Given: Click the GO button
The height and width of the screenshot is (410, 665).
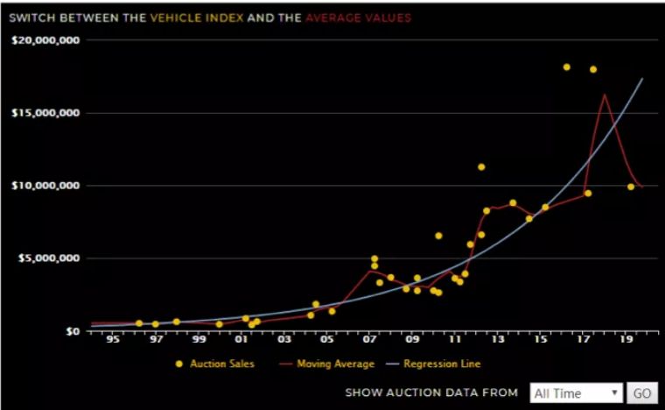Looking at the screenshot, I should click(x=642, y=393).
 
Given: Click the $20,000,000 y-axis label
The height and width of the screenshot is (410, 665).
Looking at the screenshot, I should click(x=45, y=40).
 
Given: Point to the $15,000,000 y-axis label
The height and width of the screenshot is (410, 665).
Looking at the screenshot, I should click(x=45, y=113).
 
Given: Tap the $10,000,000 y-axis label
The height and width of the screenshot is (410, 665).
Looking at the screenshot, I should click(x=45, y=186).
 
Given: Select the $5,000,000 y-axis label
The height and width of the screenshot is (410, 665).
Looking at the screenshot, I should click(x=49, y=258).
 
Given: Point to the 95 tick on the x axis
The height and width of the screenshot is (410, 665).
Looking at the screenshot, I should click(x=113, y=342).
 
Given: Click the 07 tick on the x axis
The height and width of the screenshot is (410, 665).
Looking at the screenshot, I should click(x=370, y=342).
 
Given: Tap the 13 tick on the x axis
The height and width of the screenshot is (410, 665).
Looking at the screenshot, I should click(x=498, y=342).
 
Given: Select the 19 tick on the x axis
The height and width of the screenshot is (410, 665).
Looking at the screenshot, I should click(x=626, y=342).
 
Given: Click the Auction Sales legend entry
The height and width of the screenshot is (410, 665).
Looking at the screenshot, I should click(x=214, y=364).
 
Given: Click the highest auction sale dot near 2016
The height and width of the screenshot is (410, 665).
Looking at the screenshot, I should click(x=567, y=67).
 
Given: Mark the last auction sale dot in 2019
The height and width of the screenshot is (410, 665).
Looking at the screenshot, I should click(x=631, y=187).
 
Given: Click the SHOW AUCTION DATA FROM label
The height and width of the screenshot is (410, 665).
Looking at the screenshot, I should click(x=431, y=393).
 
